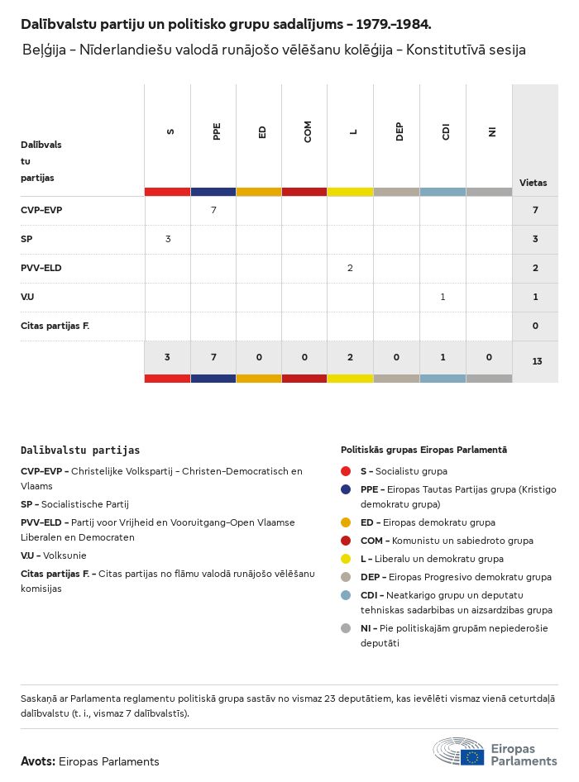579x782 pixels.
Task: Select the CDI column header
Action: tap(446, 131)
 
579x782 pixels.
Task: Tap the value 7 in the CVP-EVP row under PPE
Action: tap(213, 210)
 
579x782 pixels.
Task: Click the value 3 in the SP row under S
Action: tap(168, 239)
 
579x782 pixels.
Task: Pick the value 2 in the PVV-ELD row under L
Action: tap(351, 268)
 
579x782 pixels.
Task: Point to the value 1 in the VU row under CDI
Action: tap(443, 297)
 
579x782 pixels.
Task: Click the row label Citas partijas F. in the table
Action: tap(55, 326)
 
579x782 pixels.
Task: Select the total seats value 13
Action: tap(535, 360)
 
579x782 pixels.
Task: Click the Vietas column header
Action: tap(533, 183)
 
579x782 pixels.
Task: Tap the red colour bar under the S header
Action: tap(167, 192)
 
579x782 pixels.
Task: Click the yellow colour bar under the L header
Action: tap(350, 192)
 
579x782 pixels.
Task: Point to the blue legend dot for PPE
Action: tap(346, 489)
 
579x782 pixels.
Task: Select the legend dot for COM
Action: tap(346, 541)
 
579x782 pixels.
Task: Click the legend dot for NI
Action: tap(346, 628)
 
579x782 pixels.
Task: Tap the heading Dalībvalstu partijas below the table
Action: tap(80, 451)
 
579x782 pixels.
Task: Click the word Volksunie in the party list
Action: tap(65, 556)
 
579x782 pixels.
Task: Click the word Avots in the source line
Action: tap(37, 761)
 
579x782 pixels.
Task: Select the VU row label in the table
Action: tap(27, 297)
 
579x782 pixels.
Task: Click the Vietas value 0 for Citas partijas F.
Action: tap(535, 326)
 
